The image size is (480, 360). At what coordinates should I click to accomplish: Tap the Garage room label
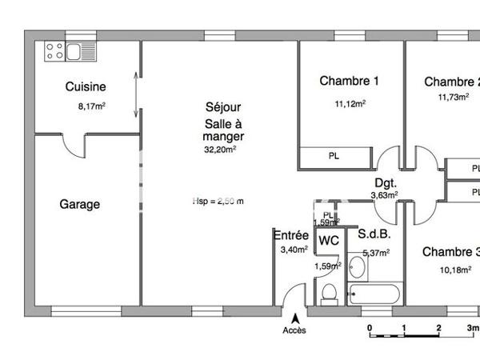pyautogui.click(x=80, y=204)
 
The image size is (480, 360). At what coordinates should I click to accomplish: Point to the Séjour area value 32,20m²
pyautogui.click(x=222, y=149)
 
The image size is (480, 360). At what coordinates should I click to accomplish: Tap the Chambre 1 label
pyautogui.click(x=349, y=80)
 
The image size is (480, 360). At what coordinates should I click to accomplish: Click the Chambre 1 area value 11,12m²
pyautogui.click(x=350, y=103)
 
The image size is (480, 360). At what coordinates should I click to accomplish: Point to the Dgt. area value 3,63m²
pyautogui.click(x=384, y=194)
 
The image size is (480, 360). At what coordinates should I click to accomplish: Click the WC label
pyautogui.click(x=329, y=239)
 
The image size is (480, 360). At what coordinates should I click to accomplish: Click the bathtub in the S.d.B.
pyautogui.click(x=373, y=294)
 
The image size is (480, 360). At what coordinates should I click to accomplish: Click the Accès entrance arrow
pyautogui.click(x=294, y=318)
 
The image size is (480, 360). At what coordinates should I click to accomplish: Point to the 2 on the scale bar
pyautogui.click(x=439, y=329)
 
